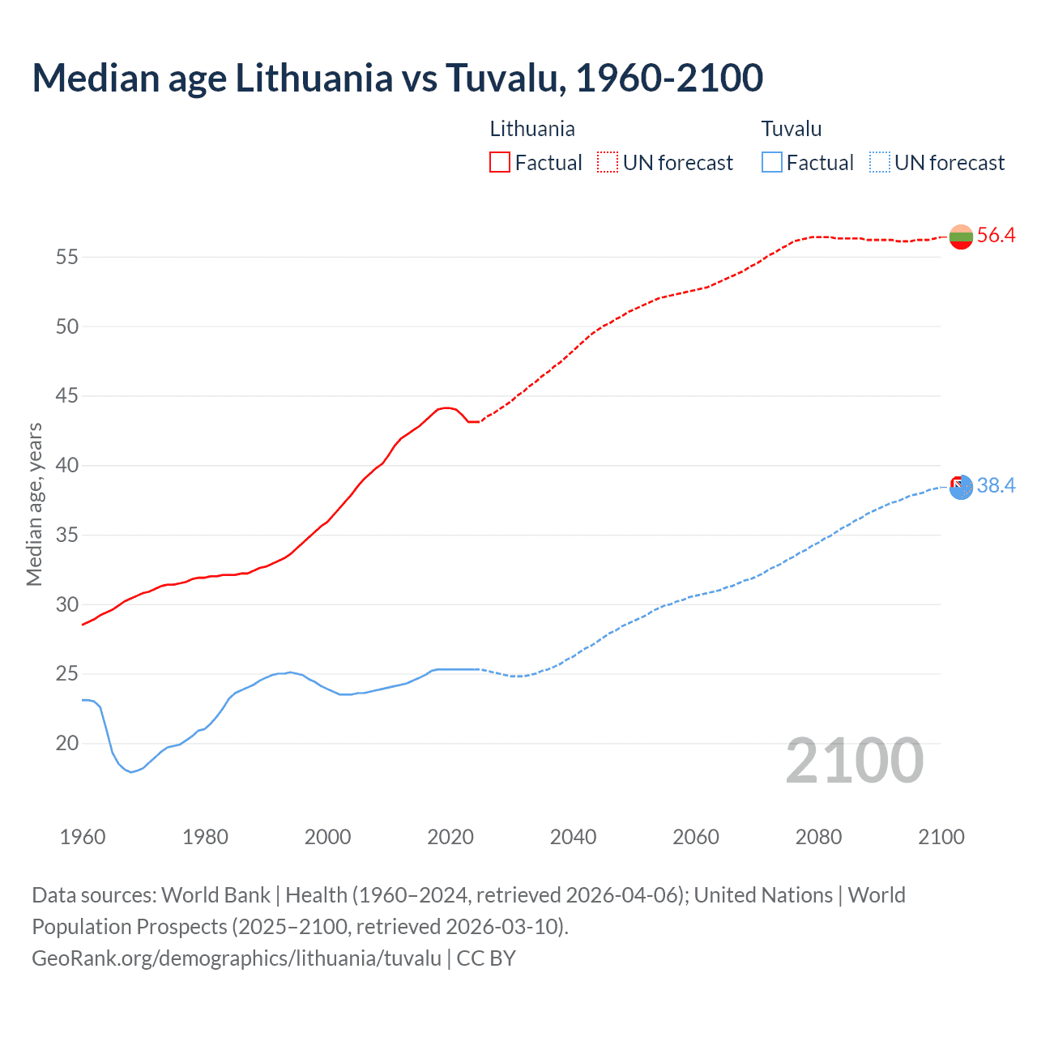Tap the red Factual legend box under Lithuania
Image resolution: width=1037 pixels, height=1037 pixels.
click(500, 163)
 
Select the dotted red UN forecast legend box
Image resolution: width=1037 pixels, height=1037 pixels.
click(608, 163)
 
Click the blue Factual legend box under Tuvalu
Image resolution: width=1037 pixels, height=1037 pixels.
click(772, 163)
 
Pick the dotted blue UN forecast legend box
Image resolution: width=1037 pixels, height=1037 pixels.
click(879, 163)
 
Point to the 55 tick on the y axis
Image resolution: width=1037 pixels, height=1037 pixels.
click(66, 258)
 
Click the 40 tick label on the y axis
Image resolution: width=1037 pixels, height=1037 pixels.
click(66, 466)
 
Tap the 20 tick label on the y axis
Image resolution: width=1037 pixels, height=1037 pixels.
click(66, 744)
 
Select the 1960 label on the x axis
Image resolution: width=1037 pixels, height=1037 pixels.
click(83, 837)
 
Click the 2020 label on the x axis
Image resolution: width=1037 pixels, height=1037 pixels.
click(450, 837)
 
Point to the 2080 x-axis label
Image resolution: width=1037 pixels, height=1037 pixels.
click(818, 837)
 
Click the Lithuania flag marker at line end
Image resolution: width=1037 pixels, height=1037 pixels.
click(961, 237)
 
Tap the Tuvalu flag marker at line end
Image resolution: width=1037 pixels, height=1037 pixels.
click(961, 487)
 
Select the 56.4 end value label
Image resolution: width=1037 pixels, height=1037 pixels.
click(996, 236)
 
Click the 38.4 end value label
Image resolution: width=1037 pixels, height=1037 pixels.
click(996, 486)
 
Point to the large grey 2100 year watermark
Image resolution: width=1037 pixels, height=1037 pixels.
click(854, 761)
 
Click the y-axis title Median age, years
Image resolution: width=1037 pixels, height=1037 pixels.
click(34, 504)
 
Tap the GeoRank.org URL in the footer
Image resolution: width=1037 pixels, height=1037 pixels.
click(237, 958)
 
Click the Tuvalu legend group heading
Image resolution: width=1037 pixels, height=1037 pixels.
click(792, 129)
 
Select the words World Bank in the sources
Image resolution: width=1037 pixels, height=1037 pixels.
click(216, 895)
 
